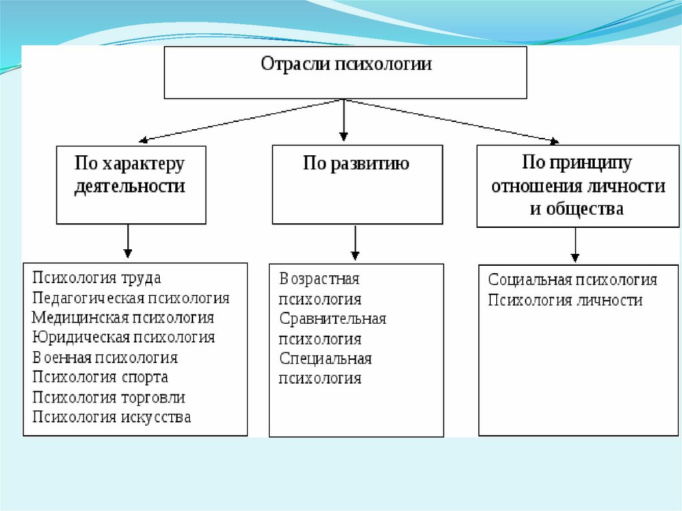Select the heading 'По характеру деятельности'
[130, 175]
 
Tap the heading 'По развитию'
[356, 164]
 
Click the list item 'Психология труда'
[97, 278]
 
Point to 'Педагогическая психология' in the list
[131, 298]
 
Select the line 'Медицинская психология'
[123, 318]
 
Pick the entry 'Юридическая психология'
[124, 338]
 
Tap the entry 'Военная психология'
[105, 358]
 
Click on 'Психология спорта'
[101, 377]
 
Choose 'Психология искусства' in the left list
[112, 418]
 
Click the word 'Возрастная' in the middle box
[320, 278]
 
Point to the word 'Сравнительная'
[333, 318]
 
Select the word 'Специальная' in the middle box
[326, 358]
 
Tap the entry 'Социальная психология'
[573, 280]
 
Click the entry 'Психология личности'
[565, 300]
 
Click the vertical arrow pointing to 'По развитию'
[343, 120]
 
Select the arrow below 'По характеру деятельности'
[128, 241]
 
